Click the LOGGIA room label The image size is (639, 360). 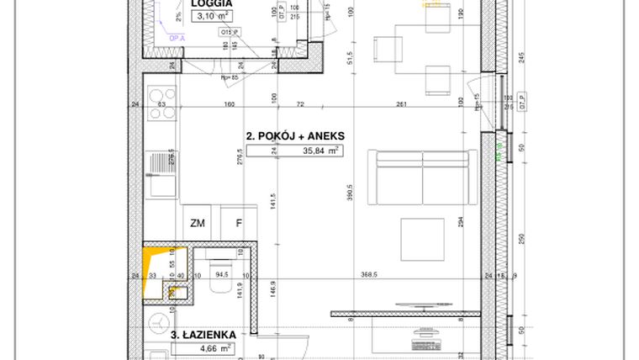click(x=211, y=3)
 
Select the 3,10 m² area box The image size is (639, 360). click(x=211, y=16)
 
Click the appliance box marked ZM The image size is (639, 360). click(x=198, y=223)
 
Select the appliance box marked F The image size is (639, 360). click(x=239, y=223)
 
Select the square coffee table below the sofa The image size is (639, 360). click(x=427, y=239)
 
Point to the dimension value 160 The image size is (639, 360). click(x=229, y=104)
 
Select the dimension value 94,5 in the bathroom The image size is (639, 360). click(x=222, y=274)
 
